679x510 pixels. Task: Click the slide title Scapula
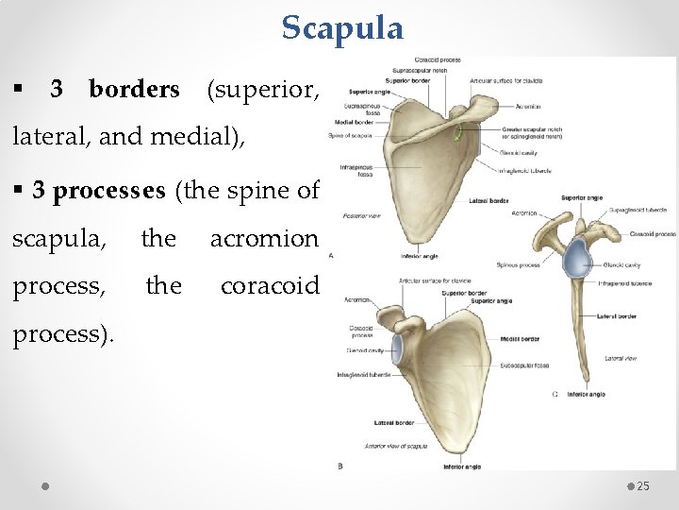point(342,27)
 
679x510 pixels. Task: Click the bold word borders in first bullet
point(133,90)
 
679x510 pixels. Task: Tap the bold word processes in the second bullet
point(110,190)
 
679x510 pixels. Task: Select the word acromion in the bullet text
point(264,239)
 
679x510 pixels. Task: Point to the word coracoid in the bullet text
point(270,284)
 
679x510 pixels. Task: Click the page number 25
point(643,485)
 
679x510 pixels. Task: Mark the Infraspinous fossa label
point(357,170)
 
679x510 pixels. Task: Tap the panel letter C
point(555,393)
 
